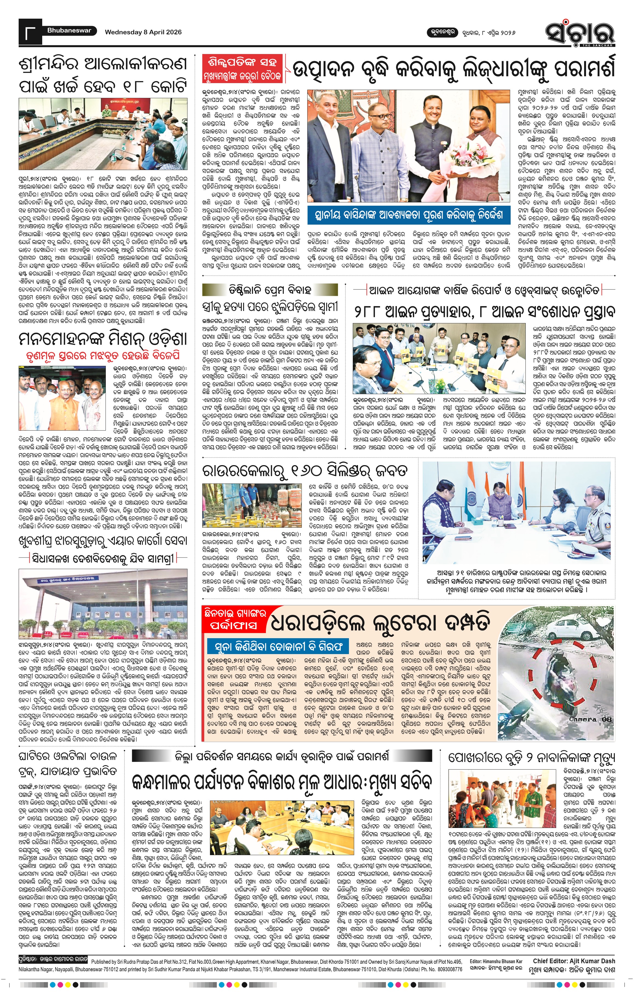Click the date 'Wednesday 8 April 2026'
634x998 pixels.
pyautogui.click(x=143, y=32)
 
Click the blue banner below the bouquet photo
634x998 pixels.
pyautogui.click(x=408, y=215)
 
